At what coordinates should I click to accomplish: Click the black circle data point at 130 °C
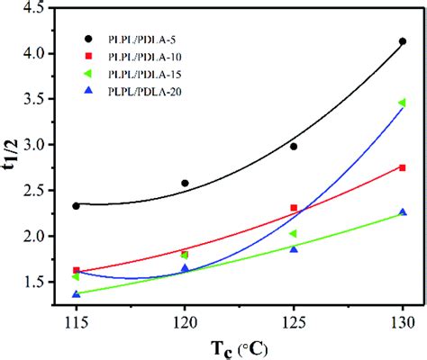[403, 41]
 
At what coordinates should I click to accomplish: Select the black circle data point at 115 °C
[76, 206]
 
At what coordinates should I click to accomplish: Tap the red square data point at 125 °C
[294, 208]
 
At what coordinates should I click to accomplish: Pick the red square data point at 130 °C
[403, 167]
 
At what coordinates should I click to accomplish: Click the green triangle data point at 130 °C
[402, 103]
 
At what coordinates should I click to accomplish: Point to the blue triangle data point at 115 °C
[76, 293]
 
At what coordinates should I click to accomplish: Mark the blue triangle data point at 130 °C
[403, 212]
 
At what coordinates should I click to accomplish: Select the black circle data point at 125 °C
[294, 146]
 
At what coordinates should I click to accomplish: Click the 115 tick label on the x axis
[76, 321]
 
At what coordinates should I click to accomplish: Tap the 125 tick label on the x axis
[294, 321]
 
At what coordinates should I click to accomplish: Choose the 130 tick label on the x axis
[402, 321]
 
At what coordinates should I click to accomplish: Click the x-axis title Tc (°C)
[239, 346]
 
